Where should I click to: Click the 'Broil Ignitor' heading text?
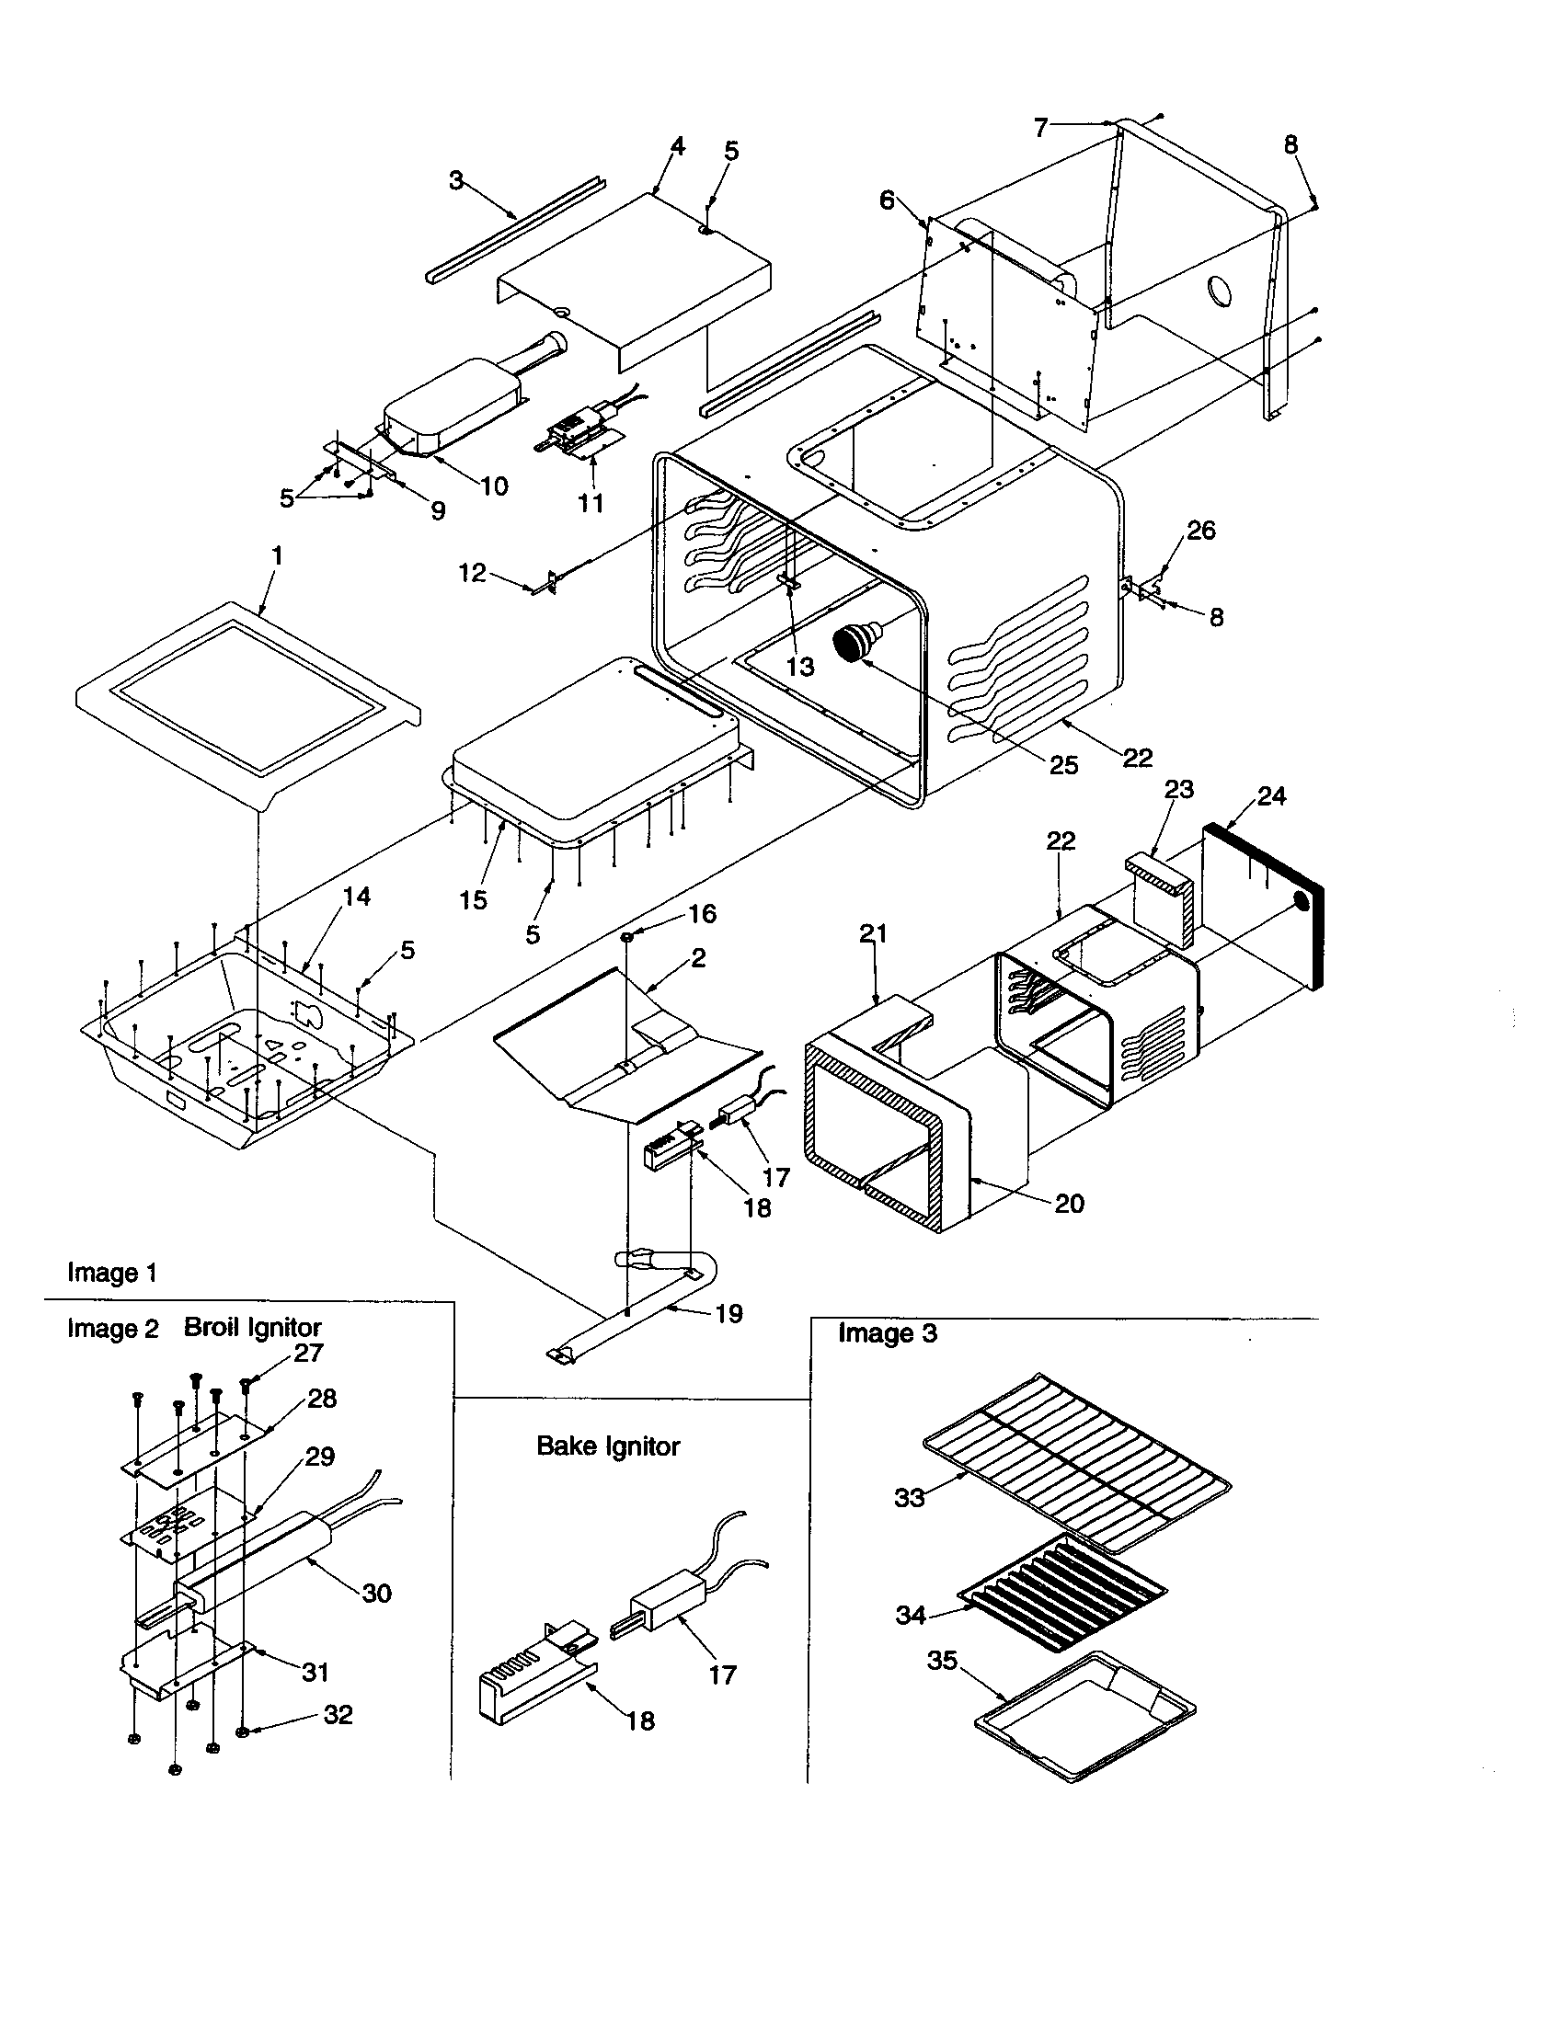[252, 1327]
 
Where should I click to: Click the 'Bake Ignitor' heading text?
[608, 1446]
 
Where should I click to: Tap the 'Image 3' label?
[888, 1333]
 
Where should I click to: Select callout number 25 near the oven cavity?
[1063, 764]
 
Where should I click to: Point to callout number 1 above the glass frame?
[276, 555]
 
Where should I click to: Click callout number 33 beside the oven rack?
[909, 1497]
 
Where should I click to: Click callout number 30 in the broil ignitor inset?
[376, 1593]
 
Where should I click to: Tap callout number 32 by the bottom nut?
[338, 1715]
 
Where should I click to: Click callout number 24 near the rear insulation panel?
[1271, 795]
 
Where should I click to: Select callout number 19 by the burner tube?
[729, 1313]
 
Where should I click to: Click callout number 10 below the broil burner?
[494, 486]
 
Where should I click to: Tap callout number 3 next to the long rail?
[456, 179]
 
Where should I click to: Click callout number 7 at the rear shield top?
[1040, 128]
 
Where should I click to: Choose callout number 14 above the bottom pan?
[357, 896]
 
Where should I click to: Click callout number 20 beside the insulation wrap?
[1069, 1204]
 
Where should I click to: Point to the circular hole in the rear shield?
[1222, 291]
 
